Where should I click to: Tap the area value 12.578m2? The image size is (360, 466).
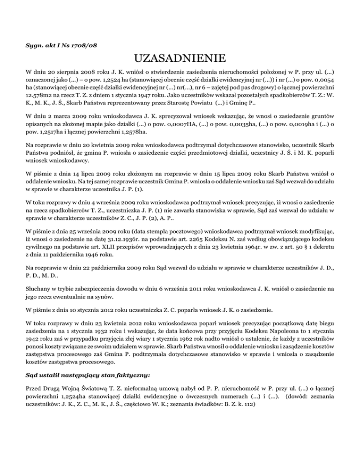[41, 98]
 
